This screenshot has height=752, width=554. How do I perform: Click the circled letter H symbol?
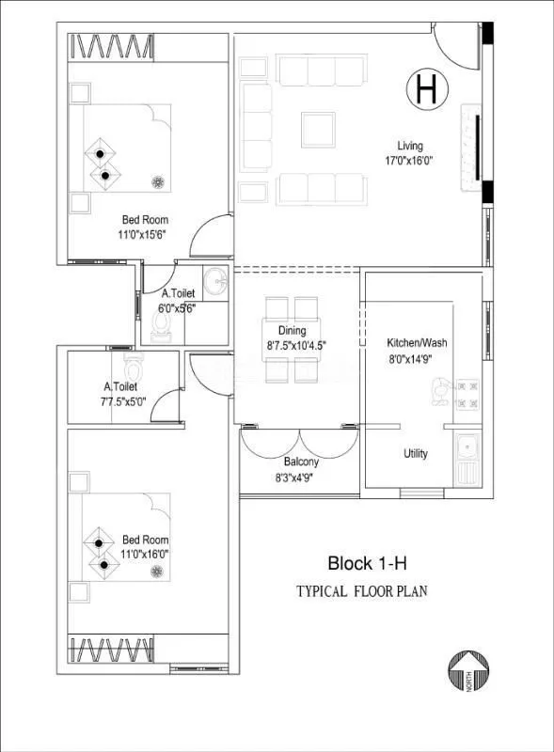[x=425, y=89]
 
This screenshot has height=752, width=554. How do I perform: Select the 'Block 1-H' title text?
[x=367, y=564]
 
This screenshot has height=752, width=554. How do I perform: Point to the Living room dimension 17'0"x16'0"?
[x=409, y=161]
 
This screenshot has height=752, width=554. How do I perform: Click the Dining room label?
[x=292, y=330]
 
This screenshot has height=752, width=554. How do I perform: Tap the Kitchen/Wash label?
[x=417, y=342]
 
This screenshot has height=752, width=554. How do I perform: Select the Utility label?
[x=416, y=454]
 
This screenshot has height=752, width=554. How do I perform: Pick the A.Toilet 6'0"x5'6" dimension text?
[x=178, y=308]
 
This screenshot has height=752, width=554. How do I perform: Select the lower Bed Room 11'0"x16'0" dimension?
[x=146, y=555]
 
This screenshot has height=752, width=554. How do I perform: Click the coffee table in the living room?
[x=318, y=130]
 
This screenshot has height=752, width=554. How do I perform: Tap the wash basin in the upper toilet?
[x=216, y=281]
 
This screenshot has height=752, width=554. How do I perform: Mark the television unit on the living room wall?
[x=477, y=147]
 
